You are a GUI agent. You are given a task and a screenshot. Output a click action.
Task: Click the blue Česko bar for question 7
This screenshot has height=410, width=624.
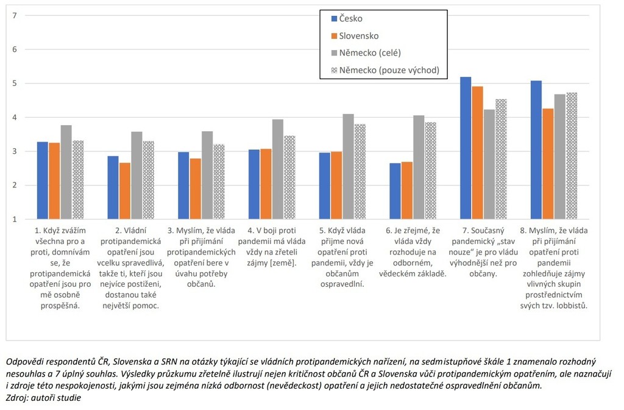coord(466,148)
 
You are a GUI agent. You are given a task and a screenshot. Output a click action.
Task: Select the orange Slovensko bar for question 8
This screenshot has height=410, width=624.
coord(548,164)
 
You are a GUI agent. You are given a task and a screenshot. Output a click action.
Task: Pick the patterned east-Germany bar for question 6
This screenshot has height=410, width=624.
coord(430,171)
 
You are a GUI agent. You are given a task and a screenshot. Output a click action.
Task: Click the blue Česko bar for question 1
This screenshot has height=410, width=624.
coord(43,181)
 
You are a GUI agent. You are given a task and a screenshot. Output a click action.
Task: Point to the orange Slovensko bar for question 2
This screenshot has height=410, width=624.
coord(124,191)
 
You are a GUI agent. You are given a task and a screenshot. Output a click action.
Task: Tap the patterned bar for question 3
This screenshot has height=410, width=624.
coord(218,182)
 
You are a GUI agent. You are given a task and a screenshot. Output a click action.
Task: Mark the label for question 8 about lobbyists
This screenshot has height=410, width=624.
coord(555,268)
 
